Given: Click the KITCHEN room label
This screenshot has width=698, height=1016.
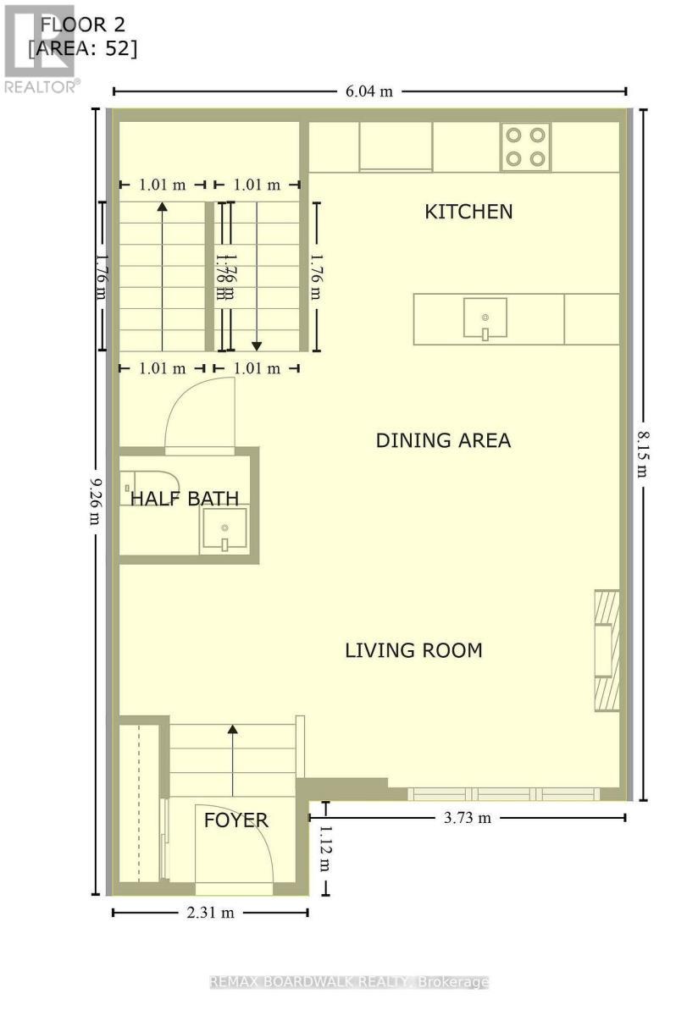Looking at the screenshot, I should [x=468, y=211].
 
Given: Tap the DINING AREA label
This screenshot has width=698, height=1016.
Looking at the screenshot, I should [x=443, y=440].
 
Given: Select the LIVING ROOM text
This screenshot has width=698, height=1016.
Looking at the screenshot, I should [x=413, y=650].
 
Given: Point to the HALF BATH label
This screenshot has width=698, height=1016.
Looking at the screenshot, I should [x=184, y=499].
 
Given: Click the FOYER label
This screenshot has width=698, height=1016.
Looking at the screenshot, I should [x=235, y=820].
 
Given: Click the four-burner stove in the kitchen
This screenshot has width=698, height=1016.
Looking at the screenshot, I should [x=524, y=146].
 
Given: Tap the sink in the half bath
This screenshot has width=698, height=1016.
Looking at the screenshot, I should [x=224, y=531].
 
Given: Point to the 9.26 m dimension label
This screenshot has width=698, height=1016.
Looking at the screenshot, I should [x=96, y=500].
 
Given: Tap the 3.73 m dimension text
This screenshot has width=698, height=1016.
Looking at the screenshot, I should [x=467, y=818].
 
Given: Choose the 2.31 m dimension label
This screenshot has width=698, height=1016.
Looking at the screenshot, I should [x=209, y=912].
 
